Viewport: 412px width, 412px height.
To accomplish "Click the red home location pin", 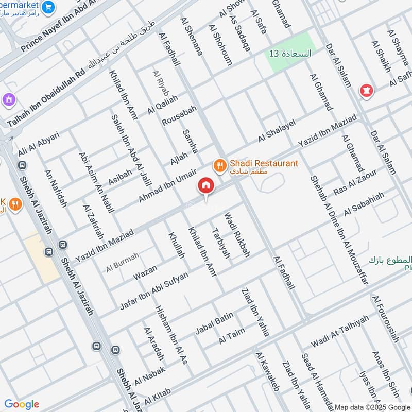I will [x=206, y=186].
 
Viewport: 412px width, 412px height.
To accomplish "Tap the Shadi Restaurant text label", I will [x=264, y=164].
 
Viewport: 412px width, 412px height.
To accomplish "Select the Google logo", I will [x=22, y=404].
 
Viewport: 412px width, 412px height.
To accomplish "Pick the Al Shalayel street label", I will [x=277, y=130].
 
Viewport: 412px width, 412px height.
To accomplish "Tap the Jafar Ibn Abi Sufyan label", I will [x=154, y=290].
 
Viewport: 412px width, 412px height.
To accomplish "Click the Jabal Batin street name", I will [x=214, y=323].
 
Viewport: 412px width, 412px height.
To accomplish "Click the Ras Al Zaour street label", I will [x=355, y=183].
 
